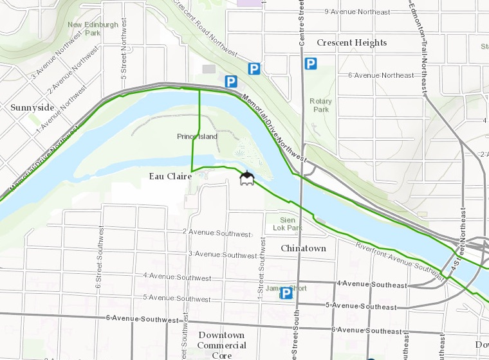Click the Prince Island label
[197, 137]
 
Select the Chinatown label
[303, 248]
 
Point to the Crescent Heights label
[352, 43]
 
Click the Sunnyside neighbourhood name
[32, 107]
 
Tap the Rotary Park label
[320, 105]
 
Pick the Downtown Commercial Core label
[221, 345]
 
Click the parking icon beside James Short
[286, 293]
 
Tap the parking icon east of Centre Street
[311, 64]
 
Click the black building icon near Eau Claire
[246, 178]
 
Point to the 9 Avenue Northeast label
[366, 12]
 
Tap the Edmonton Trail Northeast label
[419, 45]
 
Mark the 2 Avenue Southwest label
[215, 233]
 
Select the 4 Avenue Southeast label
[372, 283]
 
